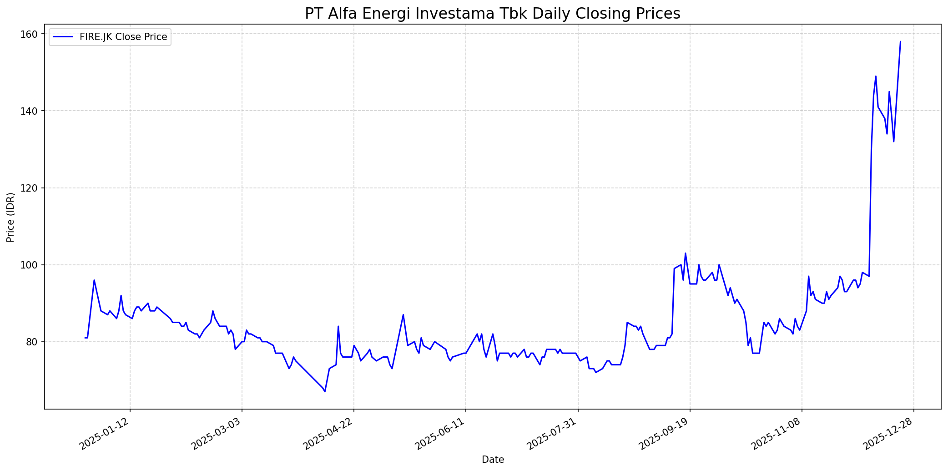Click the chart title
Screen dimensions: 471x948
click(492, 14)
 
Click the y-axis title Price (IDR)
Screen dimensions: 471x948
click(10, 217)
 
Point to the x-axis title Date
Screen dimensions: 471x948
click(493, 460)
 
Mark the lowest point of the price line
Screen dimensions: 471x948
click(325, 391)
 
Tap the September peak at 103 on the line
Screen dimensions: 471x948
click(685, 253)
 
